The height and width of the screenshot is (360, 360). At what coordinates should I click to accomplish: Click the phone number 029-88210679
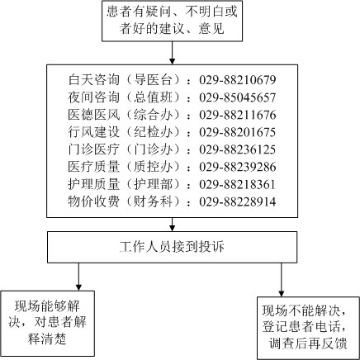pos(238,80)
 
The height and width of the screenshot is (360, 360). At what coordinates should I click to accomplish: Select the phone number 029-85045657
pos(238,97)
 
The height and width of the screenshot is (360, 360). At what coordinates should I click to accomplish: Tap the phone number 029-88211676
pos(238,115)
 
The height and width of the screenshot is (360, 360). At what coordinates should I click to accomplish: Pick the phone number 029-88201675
pos(238,132)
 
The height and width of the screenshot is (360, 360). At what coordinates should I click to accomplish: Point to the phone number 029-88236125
pos(238,149)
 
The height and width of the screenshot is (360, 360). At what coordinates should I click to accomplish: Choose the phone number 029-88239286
pos(238,167)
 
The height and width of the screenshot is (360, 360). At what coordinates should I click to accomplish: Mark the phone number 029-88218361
pos(238,184)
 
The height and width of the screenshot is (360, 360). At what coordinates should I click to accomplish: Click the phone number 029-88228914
pos(238,201)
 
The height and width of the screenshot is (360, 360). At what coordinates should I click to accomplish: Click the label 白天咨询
pos(94,79)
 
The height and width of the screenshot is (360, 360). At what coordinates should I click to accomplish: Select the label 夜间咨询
pos(94,97)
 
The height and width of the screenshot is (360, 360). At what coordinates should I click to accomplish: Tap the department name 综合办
pos(153,115)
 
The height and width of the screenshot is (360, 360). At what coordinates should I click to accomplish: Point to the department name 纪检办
pos(153,132)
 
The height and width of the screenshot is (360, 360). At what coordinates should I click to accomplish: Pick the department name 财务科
pos(153,201)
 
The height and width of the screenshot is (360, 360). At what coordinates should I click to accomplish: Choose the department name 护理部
pos(153,184)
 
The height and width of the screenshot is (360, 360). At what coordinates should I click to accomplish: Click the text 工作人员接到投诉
pos(172,247)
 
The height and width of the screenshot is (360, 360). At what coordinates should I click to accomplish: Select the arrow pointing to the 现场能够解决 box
pos(78,277)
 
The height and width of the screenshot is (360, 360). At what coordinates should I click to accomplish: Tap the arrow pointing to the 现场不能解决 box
pos(282,280)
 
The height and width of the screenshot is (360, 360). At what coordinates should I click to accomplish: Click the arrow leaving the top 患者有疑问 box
pos(172,53)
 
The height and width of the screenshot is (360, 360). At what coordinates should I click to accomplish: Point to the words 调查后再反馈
pos(308,343)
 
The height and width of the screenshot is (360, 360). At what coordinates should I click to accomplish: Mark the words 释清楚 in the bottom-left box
pos(47,339)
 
